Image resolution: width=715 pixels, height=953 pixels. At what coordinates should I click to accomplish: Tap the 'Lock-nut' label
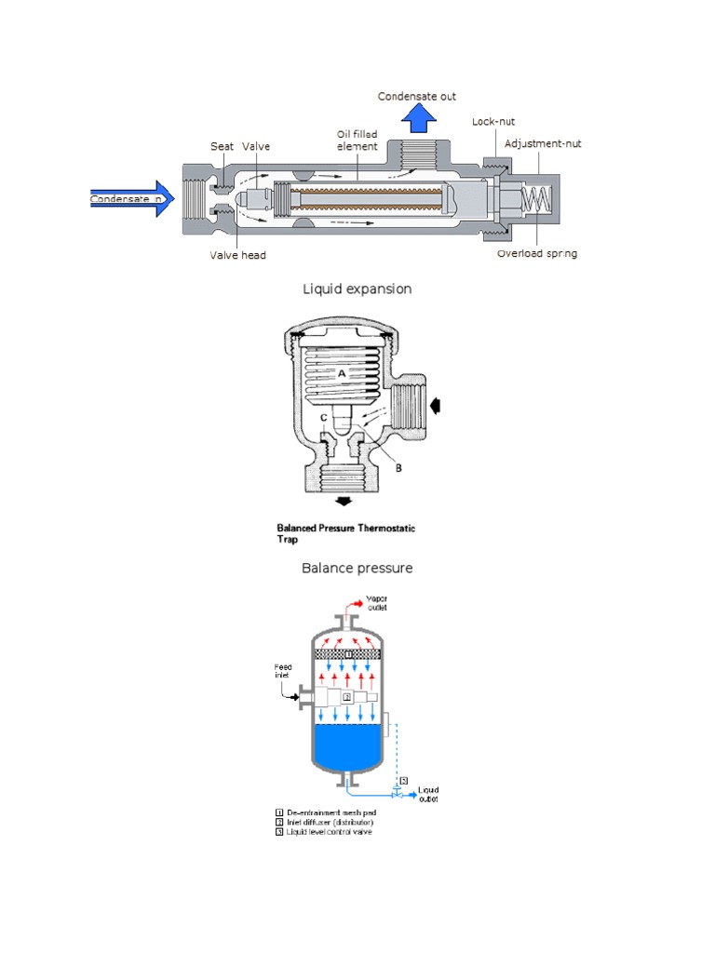point(493,122)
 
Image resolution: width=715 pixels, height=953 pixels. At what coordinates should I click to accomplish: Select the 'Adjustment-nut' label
point(543,144)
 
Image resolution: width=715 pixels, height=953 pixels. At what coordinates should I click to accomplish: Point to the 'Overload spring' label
point(537,253)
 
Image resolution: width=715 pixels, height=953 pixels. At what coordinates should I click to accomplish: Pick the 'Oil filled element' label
point(357,141)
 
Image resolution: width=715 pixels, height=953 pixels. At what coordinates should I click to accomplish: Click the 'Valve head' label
point(237,254)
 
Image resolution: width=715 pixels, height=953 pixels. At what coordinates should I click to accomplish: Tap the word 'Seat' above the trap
point(222,146)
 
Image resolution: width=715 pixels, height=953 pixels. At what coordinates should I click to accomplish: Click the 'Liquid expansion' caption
point(357,289)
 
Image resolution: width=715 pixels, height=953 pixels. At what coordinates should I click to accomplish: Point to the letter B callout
point(399,468)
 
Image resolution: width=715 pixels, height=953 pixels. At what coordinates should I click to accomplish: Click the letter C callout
point(324,417)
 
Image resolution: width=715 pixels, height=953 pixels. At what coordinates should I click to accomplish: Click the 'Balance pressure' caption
point(357,568)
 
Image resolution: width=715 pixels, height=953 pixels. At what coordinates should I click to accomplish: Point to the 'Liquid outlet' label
point(428,793)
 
